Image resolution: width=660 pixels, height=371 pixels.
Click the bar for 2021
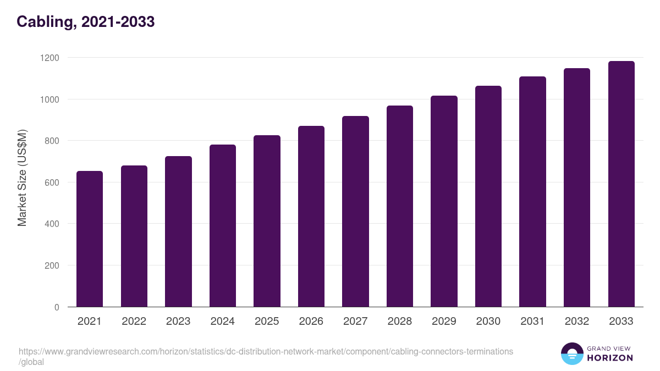[x=90, y=239]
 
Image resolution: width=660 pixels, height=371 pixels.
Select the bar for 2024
[x=223, y=226]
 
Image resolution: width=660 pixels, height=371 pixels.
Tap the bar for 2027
[x=355, y=212]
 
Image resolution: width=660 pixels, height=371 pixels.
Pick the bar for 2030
[x=488, y=196]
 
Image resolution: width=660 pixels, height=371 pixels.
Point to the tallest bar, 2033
[x=621, y=184]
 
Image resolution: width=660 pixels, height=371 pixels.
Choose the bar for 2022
[x=134, y=236]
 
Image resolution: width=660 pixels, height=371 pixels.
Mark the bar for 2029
[x=444, y=201]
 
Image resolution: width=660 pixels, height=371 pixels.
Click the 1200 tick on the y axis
[x=50, y=58]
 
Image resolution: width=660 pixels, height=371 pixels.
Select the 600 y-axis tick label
[x=52, y=182]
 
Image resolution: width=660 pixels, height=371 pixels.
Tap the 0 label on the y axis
[x=57, y=307]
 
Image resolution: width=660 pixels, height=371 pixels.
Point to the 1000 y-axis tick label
[x=50, y=99]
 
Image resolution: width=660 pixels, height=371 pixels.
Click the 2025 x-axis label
[x=267, y=322]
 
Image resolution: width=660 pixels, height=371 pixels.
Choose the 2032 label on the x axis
[x=577, y=322]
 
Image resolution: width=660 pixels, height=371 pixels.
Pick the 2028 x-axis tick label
[x=400, y=322]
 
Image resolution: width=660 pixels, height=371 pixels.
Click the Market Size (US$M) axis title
[x=22, y=178]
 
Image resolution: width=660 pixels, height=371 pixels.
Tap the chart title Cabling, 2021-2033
[x=85, y=21]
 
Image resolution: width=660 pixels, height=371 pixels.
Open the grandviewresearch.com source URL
[x=266, y=351]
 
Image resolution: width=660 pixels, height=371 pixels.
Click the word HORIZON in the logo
[x=609, y=358]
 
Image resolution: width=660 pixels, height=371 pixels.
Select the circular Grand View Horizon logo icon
[x=571, y=353]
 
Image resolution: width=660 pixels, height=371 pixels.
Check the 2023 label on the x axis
[x=178, y=322]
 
